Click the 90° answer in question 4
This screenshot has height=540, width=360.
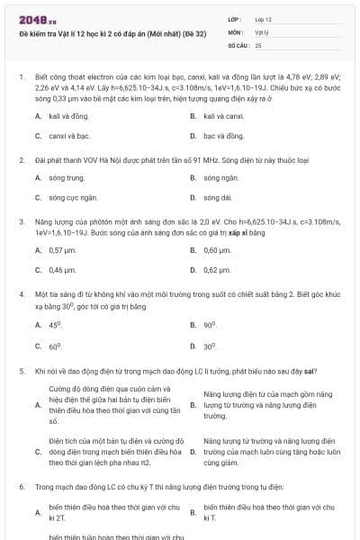[210, 324]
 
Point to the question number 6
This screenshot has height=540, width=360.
[20, 487]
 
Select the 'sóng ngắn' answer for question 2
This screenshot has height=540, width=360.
[220, 177]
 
